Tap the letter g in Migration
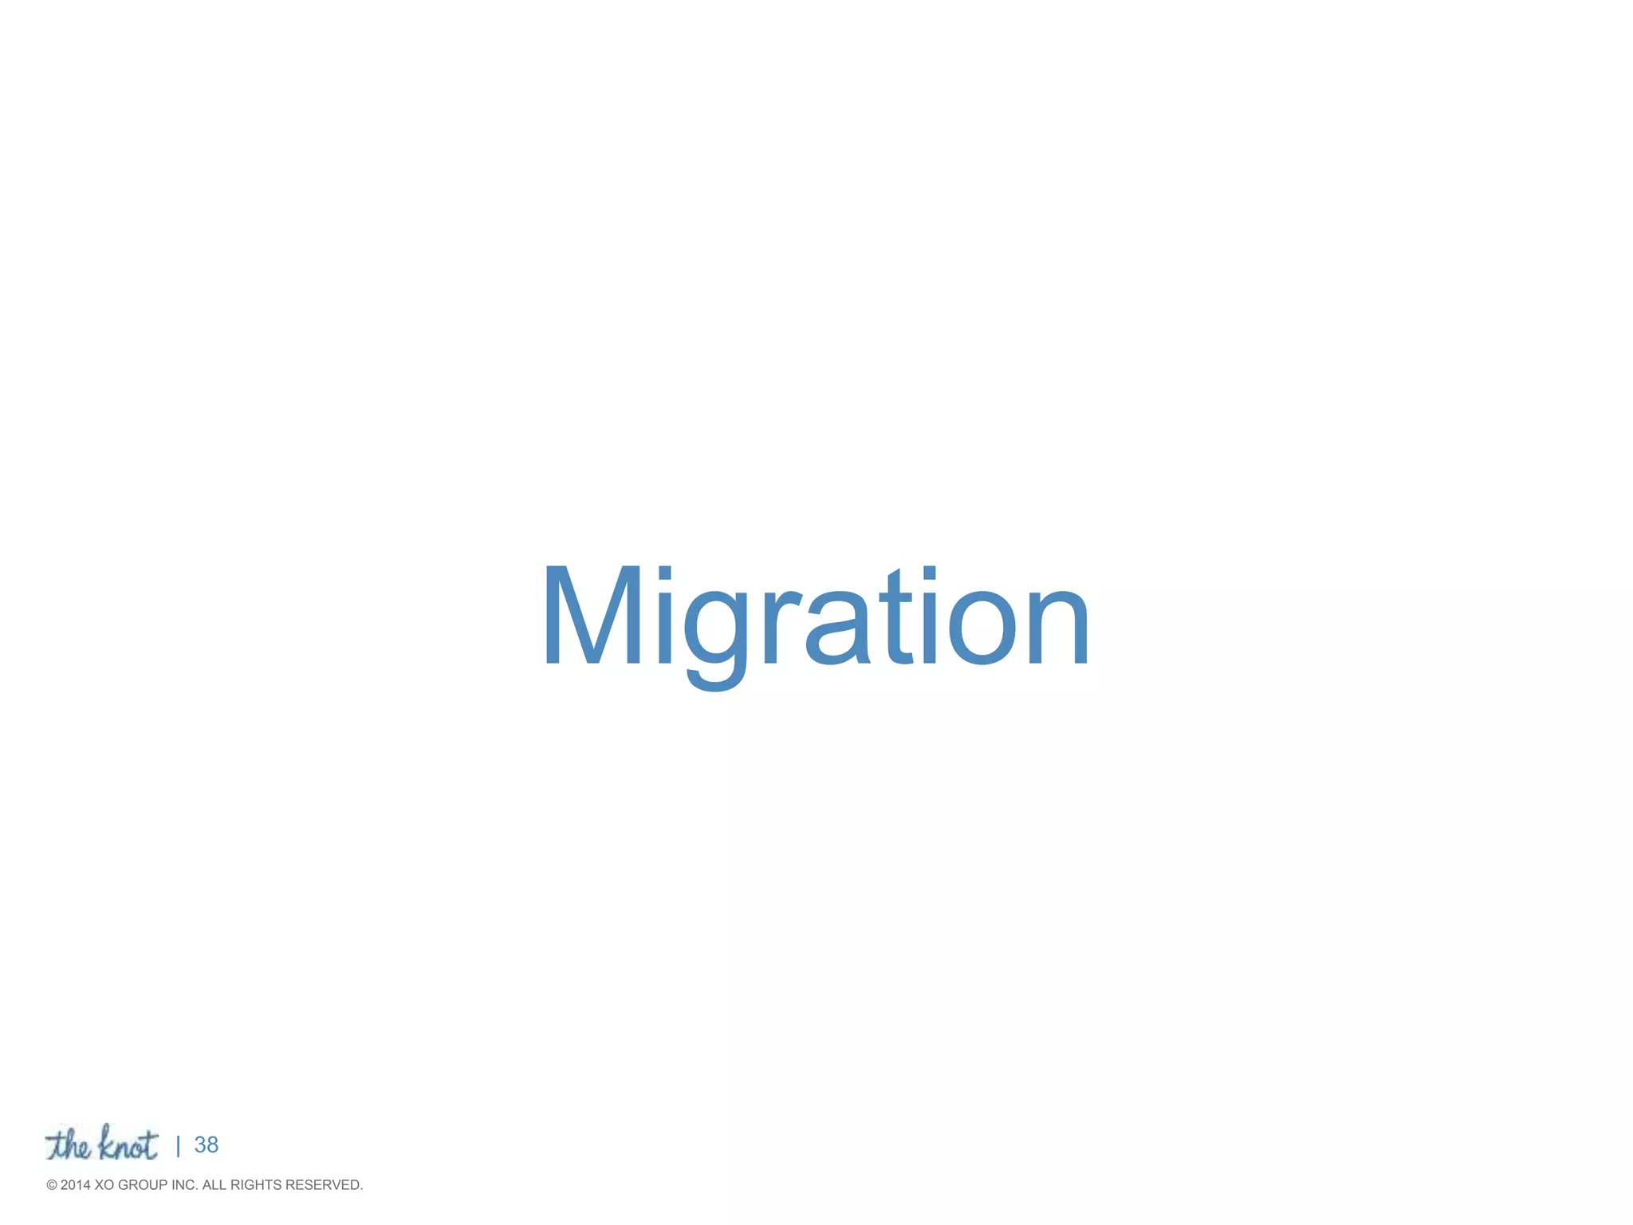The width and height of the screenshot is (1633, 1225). (715, 630)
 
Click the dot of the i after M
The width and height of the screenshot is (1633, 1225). (663, 574)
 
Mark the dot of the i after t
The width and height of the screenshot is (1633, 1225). (929, 574)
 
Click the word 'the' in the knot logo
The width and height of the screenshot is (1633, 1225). (69, 1145)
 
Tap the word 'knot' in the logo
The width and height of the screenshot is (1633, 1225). (128, 1144)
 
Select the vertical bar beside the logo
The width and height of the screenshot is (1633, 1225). (178, 1147)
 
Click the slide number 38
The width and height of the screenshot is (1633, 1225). (207, 1145)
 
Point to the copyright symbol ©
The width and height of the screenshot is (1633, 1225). (52, 1185)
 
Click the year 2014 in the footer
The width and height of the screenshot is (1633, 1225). (76, 1185)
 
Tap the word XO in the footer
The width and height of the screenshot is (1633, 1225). (104, 1185)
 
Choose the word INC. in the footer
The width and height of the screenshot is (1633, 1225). (184, 1185)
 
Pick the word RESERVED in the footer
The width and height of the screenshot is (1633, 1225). (324, 1185)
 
